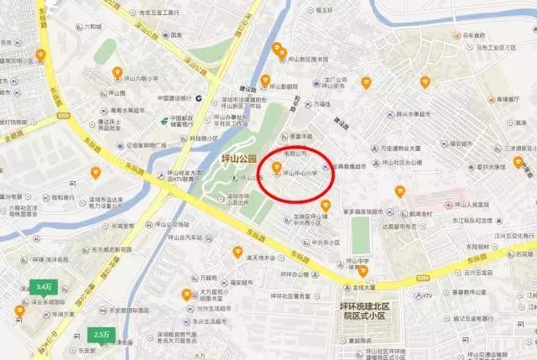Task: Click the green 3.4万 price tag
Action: click(x=44, y=286)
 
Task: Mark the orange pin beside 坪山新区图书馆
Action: click(x=278, y=50)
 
